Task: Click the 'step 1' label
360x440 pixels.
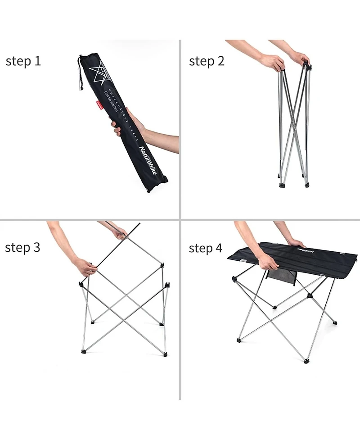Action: (23, 62)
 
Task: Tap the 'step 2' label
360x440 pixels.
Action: (207, 62)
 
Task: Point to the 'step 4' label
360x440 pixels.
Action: (206, 248)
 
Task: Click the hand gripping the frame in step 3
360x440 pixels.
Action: (85, 267)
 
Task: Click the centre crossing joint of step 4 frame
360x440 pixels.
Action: (310, 296)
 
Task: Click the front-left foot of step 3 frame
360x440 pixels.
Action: (84, 351)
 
